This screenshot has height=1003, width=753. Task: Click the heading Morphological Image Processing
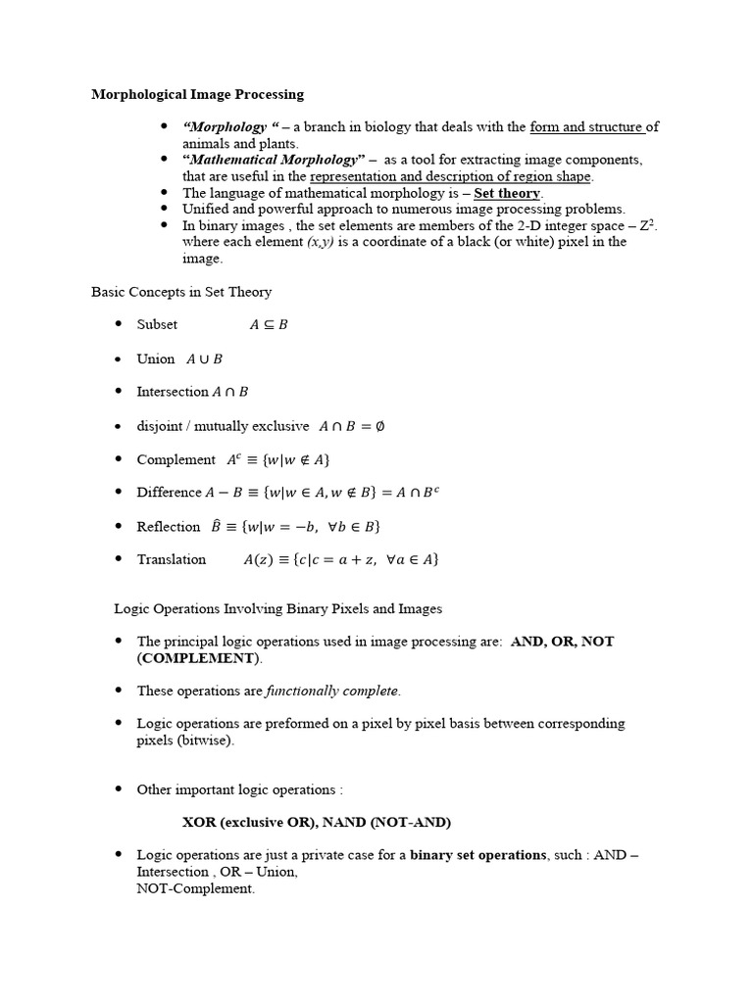(x=197, y=95)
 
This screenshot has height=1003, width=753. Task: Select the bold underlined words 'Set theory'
(x=507, y=193)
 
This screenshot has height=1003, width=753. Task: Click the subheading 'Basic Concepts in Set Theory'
(x=181, y=292)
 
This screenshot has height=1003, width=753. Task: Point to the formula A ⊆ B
(x=269, y=325)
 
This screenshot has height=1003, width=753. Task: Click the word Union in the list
(x=156, y=358)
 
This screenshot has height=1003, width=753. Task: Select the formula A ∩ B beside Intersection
(x=230, y=392)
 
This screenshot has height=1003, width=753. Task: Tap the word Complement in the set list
(x=176, y=459)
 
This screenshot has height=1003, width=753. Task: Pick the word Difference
(x=169, y=493)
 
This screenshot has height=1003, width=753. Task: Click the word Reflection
(x=169, y=527)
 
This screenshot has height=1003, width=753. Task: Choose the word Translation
(x=172, y=559)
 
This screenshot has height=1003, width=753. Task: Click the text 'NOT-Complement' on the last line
(x=195, y=888)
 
